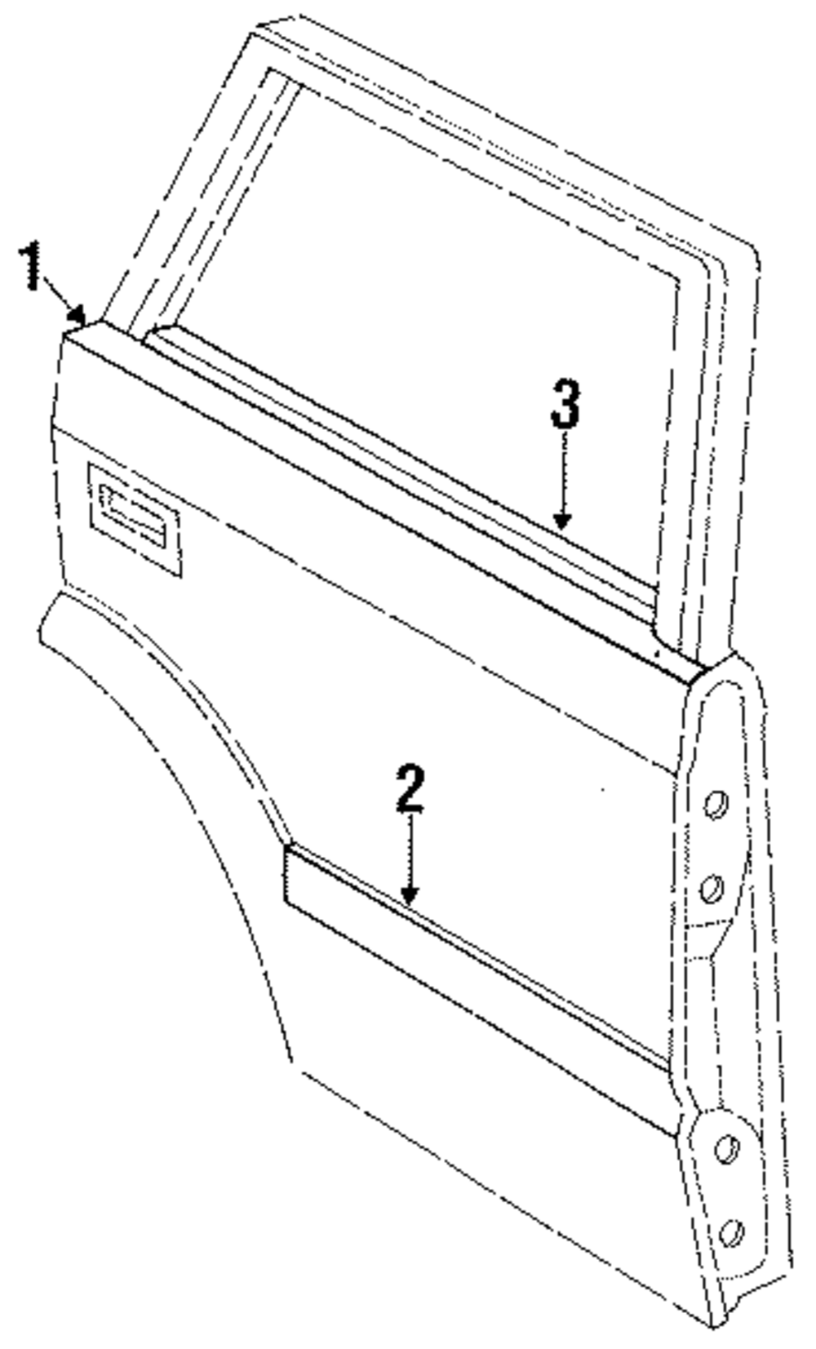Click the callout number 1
point(32,265)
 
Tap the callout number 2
point(410,788)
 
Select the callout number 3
point(565,406)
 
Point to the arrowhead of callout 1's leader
point(80,315)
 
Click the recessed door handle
point(134,518)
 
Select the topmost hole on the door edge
point(715,805)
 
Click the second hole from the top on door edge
point(713,885)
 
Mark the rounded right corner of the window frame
point(738,261)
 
